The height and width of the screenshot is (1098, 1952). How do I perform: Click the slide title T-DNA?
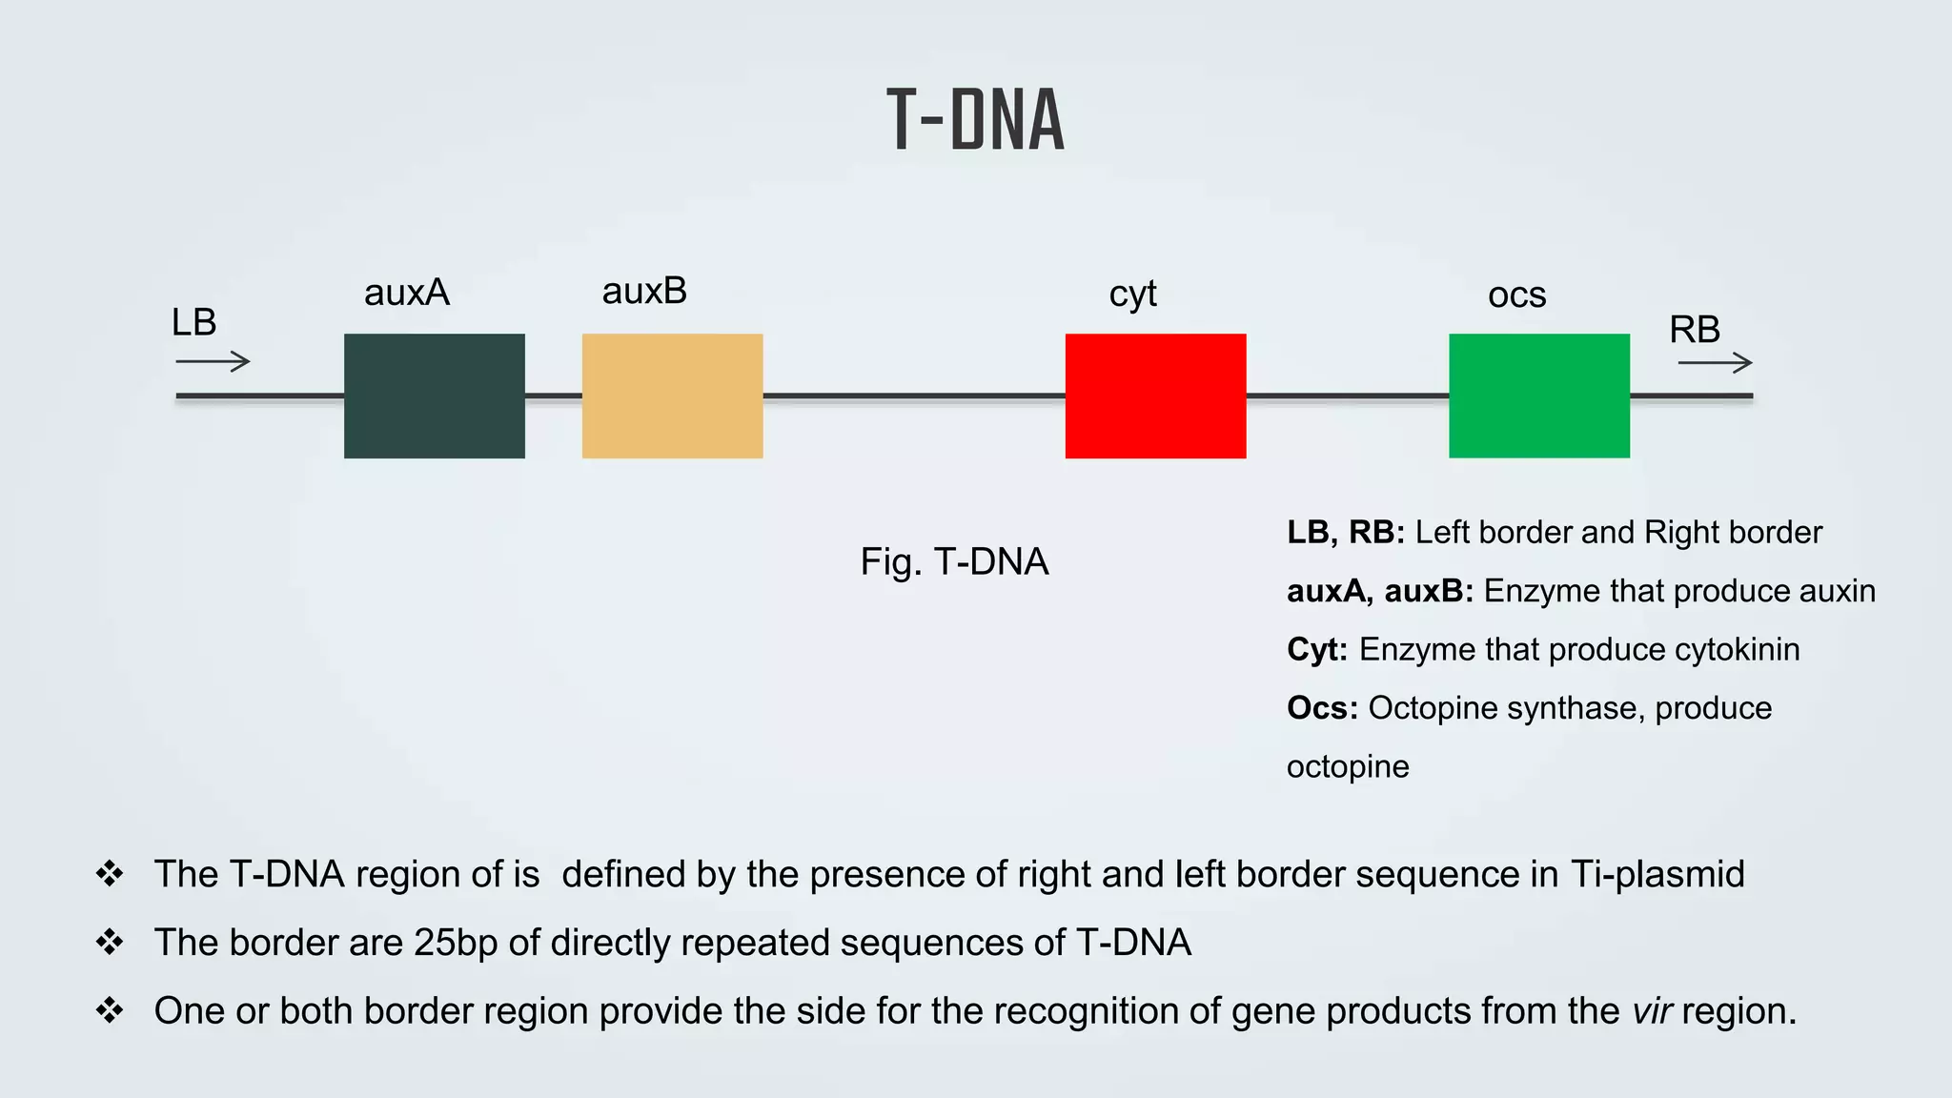coord(975,120)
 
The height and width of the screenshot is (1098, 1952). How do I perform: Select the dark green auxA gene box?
coord(434,396)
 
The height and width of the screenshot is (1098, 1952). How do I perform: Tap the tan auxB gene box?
coord(672,396)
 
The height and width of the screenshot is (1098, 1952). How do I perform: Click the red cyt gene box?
coord(1155,396)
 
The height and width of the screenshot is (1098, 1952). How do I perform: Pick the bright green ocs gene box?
coord(1538,396)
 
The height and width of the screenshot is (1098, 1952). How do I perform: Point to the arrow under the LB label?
coord(213,361)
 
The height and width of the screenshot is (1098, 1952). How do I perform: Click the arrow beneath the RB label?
coord(1715,362)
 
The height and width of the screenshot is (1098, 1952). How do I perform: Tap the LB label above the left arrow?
coord(193,323)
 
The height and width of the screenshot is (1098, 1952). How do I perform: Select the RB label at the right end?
coord(1694,330)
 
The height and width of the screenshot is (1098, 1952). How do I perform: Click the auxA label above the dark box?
coord(406,293)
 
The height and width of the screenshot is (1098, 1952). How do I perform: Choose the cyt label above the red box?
coord(1132,294)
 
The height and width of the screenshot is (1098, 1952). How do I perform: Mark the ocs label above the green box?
coord(1516,295)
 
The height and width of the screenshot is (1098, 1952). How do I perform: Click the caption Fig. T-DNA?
coord(954,561)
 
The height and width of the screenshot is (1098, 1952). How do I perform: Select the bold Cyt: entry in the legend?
coord(1316,649)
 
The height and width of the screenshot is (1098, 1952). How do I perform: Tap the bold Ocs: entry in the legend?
coord(1321,708)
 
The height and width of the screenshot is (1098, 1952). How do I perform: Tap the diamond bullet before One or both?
coord(110,1010)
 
